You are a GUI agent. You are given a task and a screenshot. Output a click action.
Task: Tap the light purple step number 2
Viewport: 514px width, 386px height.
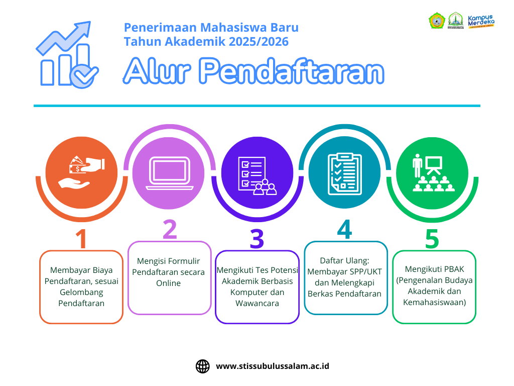(x=170, y=229)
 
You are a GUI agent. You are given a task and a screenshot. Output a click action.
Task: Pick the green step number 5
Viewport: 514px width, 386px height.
(x=432, y=239)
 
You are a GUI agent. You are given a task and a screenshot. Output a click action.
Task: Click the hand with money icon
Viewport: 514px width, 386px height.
(x=82, y=171)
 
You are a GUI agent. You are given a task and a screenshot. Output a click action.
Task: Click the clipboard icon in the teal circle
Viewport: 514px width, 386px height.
(x=344, y=173)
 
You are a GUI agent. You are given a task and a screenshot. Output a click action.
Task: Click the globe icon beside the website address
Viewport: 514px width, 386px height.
(x=203, y=366)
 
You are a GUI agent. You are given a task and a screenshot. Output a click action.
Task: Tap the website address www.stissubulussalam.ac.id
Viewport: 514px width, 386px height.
(x=273, y=366)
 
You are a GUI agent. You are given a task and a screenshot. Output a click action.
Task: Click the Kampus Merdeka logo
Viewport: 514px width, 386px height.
(x=481, y=22)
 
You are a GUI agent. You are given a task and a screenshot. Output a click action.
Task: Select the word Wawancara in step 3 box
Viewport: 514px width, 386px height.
(x=257, y=303)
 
